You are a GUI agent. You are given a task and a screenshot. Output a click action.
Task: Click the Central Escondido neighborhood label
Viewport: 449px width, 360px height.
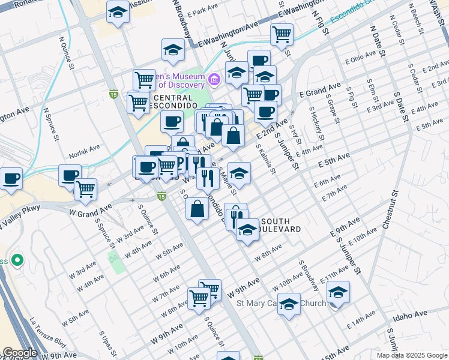pos(173,102)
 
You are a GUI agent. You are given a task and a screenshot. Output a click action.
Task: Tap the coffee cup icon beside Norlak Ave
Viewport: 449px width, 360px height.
pos(70,175)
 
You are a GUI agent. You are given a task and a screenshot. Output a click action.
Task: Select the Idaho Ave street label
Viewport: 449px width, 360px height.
pos(411,314)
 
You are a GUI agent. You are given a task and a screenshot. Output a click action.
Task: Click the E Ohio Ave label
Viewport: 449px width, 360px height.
pos(360,59)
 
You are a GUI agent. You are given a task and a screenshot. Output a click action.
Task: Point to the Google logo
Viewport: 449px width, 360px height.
pos(19,353)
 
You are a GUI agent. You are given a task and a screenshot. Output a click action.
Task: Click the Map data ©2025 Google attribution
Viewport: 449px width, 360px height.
pos(412,355)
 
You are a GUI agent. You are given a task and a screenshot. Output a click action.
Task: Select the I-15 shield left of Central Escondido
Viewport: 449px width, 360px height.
pos(113,94)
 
